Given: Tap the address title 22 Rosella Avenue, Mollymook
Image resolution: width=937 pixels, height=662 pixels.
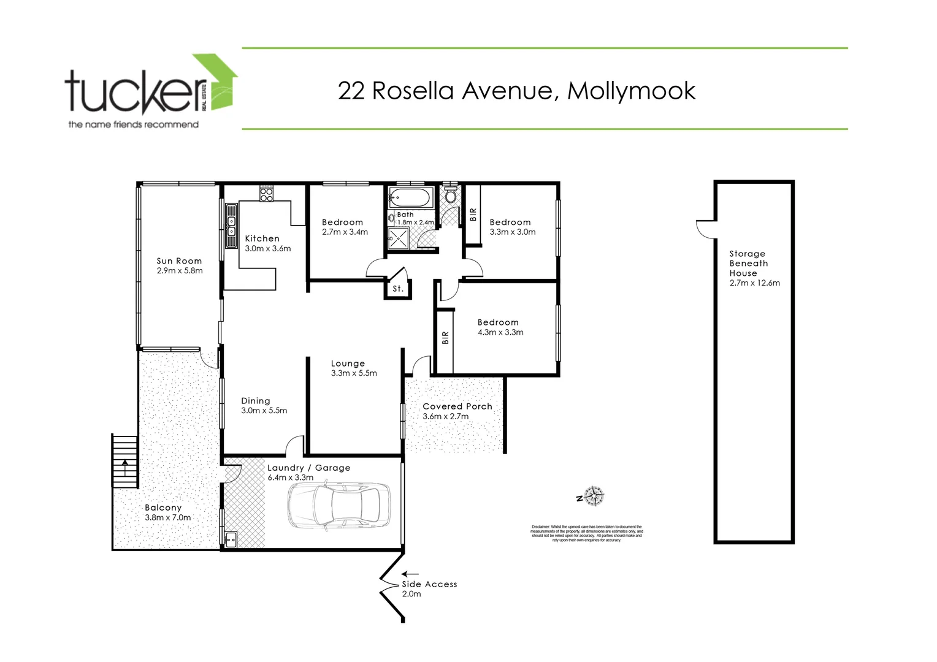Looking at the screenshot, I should coord(516,91).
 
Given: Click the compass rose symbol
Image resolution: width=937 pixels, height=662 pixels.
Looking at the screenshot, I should coord(594,495).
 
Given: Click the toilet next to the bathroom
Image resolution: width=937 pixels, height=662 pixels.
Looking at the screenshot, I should coord(451,196).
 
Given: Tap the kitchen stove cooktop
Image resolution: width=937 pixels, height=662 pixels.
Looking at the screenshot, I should coord(266,194).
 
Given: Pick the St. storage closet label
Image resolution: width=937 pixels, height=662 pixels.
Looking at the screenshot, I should coord(398,289).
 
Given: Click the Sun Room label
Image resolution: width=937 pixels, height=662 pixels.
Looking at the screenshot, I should coord(179,261).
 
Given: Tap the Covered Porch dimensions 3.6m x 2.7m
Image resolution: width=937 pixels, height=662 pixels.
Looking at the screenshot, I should coord(446,416).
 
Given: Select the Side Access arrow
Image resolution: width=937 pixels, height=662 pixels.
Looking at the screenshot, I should coord(410,574).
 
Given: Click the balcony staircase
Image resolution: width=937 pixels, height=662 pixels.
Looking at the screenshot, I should coord(124,461).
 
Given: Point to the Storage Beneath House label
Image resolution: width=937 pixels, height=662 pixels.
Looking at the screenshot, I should coord(748,264).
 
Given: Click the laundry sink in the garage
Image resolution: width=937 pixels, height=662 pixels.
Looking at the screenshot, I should coord(231,540).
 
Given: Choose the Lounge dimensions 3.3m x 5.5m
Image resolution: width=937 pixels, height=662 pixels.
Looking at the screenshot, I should coord(354,373).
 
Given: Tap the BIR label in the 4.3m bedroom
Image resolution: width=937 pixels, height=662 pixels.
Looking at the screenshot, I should coord(445,338).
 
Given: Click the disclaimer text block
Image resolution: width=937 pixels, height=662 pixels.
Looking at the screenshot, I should coord(586,533).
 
